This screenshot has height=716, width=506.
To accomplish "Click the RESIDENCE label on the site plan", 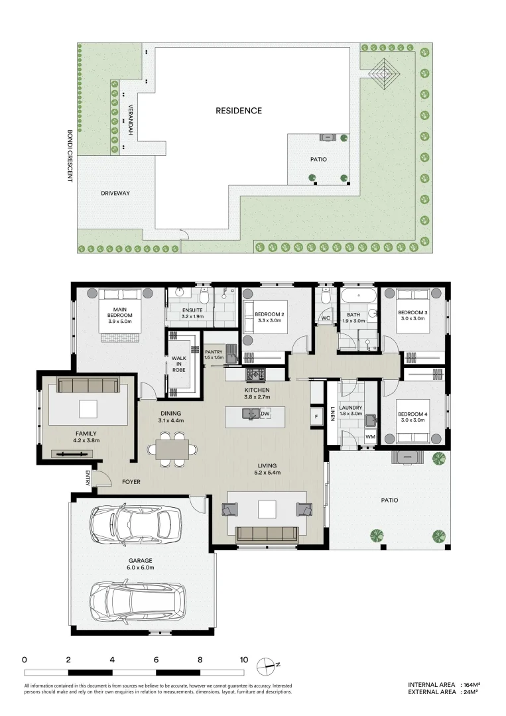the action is tap(239, 111).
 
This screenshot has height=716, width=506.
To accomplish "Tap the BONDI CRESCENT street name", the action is tap(70, 156).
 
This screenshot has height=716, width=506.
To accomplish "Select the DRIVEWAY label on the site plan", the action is tap(115, 193).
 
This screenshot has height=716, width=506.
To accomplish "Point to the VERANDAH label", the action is tap(130, 120).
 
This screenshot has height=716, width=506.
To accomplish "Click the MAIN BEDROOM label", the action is tap(119, 315).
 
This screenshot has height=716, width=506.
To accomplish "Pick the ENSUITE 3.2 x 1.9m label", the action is tap(192, 313).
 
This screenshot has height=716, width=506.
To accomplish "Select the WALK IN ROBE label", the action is tap(178, 364).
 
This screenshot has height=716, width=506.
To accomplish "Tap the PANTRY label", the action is tap(214, 354).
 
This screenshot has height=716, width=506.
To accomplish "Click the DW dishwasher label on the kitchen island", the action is tap(265, 414).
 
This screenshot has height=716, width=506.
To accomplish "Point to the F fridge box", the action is tap(316, 417).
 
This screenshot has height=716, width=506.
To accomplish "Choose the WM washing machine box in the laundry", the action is tap(370, 436).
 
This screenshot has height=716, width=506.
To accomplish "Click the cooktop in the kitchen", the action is tap(255, 375).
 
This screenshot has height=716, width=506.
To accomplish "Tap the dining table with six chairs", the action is tap(172, 449).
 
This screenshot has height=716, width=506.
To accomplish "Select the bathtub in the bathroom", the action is tap(359, 296).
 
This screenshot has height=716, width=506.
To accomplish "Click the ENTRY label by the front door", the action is tap(88, 478).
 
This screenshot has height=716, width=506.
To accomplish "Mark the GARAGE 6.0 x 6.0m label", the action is tap(140, 564).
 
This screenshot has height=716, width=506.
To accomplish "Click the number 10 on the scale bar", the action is tap(244, 660).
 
